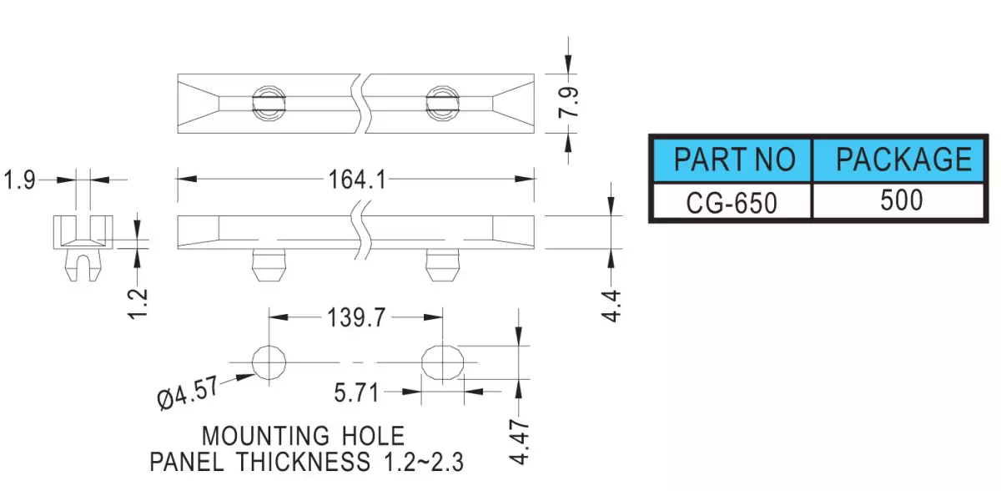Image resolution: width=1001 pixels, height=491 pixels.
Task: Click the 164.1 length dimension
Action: [357, 180]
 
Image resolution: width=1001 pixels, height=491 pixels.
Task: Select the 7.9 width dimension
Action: [568, 103]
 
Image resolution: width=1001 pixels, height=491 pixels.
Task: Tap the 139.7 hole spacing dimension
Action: [356, 317]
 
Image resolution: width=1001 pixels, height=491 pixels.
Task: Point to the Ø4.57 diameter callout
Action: [188, 392]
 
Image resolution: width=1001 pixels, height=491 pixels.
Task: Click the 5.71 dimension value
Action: [356, 392]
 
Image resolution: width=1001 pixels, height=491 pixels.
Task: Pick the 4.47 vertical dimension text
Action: [519, 442]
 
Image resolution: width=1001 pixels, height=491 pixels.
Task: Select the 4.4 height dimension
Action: [611, 306]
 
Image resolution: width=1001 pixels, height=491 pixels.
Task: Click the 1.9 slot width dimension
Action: [19, 180]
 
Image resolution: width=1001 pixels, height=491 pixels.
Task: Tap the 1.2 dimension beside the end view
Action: [138, 304]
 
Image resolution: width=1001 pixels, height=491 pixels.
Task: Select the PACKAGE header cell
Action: [898, 159]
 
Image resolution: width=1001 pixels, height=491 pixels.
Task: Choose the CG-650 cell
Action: [732, 201]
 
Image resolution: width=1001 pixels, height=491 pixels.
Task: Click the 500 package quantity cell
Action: [898, 201]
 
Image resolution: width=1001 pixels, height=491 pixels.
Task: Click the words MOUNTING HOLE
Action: [303, 436]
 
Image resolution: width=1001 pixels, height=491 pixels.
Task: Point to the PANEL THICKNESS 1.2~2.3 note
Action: [307, 462]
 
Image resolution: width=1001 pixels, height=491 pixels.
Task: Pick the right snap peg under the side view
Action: [442, 266]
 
